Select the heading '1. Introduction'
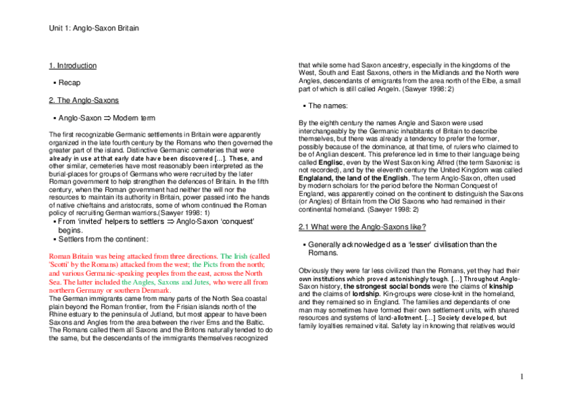point(72,66)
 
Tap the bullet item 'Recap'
point(69,82)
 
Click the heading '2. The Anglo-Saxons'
point(83,100)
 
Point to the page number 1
point(522,376)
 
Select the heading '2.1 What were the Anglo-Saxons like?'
point(362,227)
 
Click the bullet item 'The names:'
point(328,105)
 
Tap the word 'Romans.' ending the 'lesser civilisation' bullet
point(323,252)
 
